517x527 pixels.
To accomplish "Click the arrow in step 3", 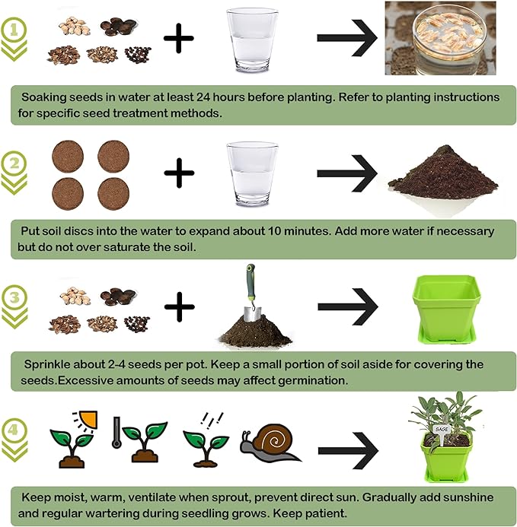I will tap(347, 307).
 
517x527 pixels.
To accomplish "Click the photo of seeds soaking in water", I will tap(439, 38).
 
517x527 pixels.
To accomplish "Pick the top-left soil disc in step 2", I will tap(66, 157).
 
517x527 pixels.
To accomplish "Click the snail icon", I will tap(269, 443).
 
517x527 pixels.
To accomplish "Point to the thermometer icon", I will tap(116, 433).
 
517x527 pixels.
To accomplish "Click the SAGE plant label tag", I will tap(442, 429).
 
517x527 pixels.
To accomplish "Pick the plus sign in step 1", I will tap(179, 38).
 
